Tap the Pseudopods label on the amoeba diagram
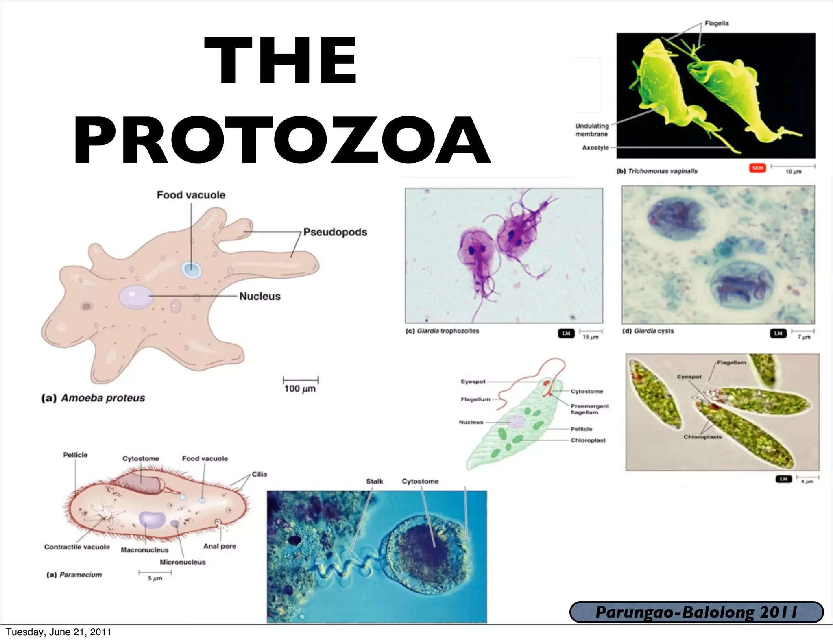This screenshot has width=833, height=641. (x=335, y=232)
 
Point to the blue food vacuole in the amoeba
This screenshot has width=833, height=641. (x=191, y=269)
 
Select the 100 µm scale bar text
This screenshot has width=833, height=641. (x=300, y=389)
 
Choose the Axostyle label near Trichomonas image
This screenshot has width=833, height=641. (x=595, y=148)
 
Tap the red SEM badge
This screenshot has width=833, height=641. (x=757, y=168)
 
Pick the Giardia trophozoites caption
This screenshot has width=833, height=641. (x=442, y=331)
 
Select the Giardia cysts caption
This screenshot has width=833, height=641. (x=648, y=331)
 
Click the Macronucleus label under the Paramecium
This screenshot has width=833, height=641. (x=144, y=550)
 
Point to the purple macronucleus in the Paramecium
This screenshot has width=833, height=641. (x=152, y=520)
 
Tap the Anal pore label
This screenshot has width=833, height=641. (x=220, y=546)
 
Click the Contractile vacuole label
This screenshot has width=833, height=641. (x=77, y=547)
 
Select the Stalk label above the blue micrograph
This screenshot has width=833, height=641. (x=374, y=482)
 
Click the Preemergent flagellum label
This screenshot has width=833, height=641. (x=589, y=409)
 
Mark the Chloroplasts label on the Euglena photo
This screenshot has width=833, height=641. (x=702, y=437)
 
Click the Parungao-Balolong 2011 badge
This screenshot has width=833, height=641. (x=696, y=613)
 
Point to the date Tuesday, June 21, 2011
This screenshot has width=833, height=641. (x=59, y=632)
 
